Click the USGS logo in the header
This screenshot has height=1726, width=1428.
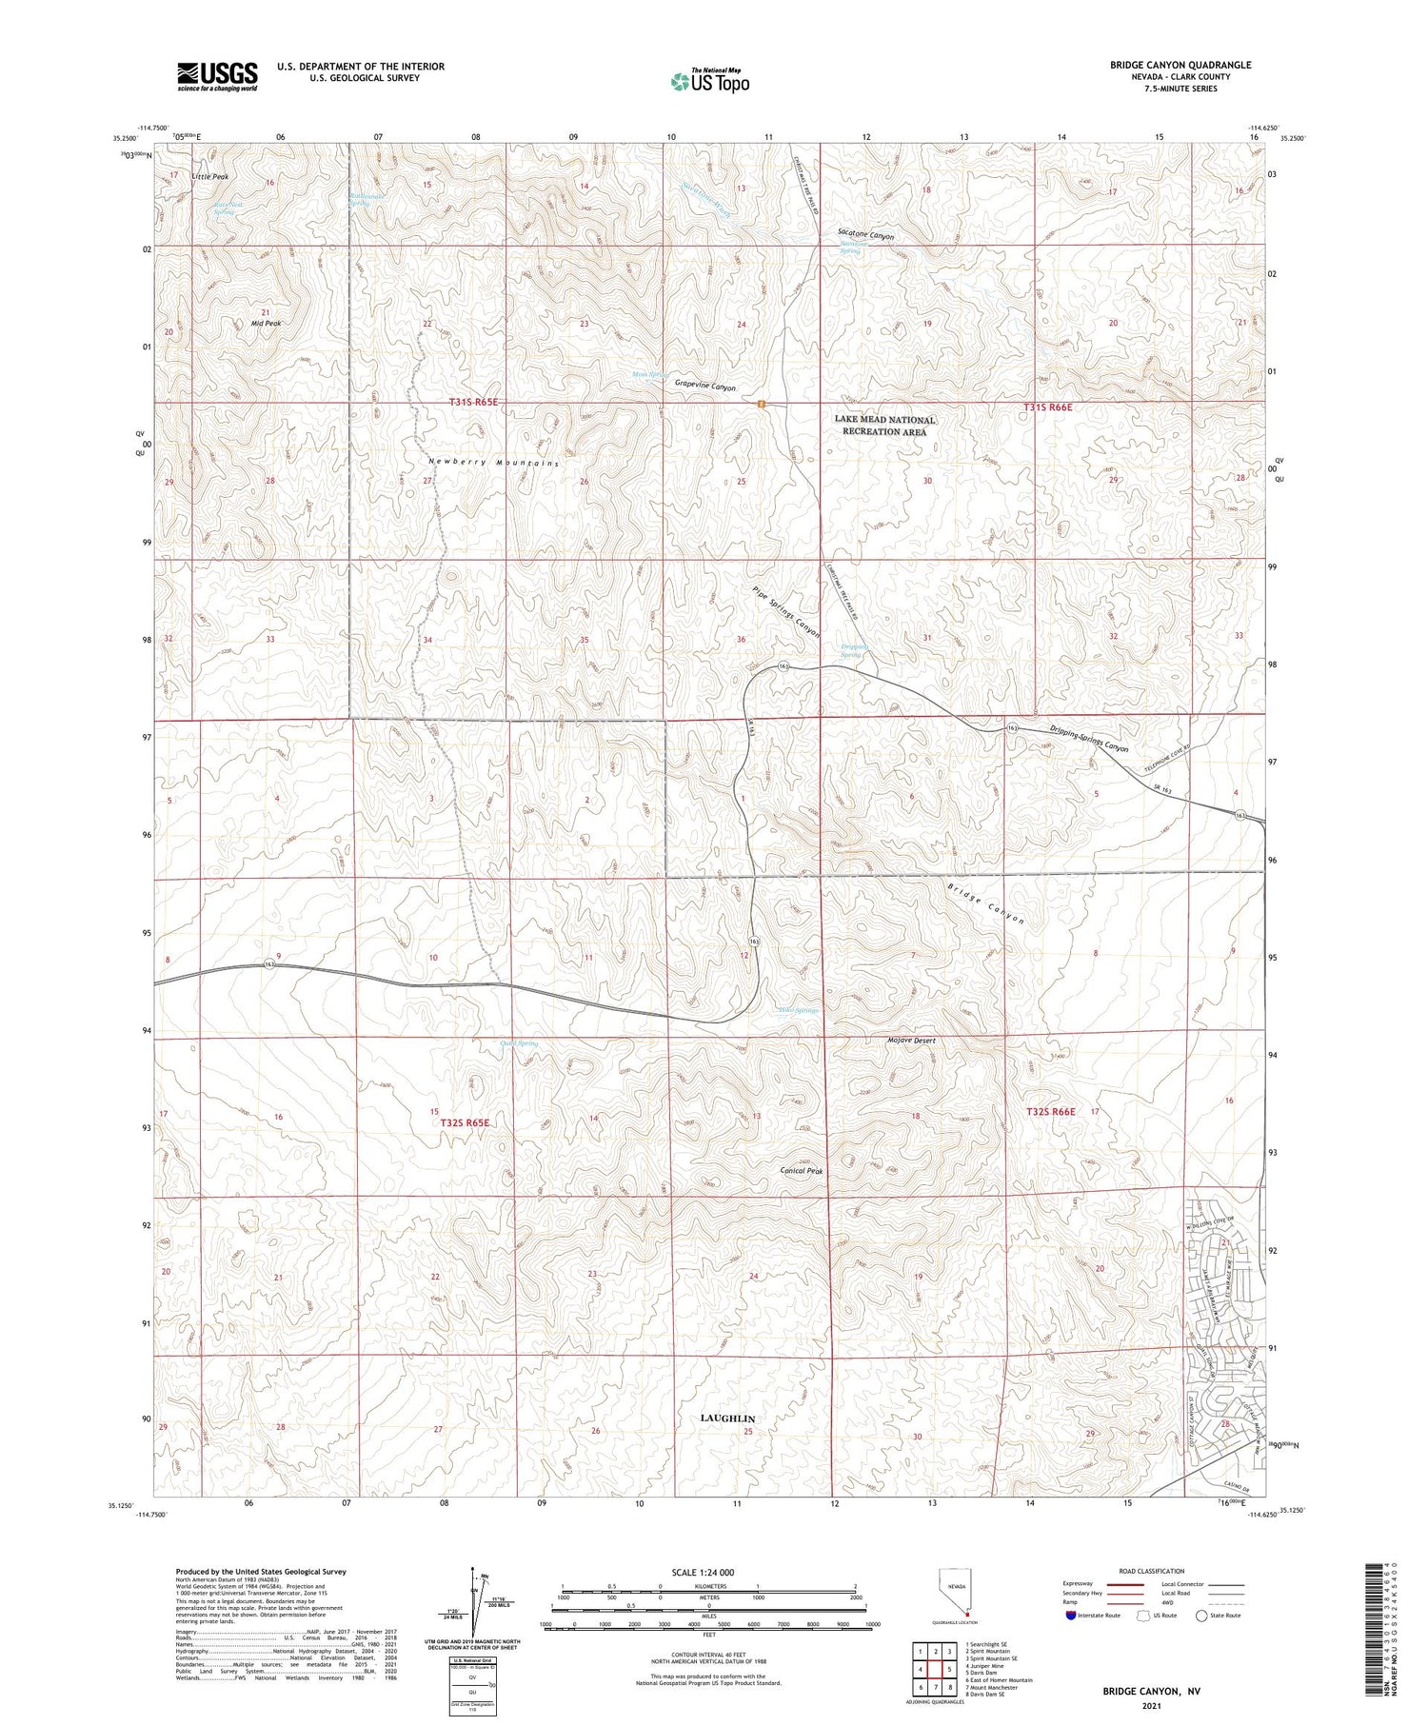pyautogui.click(x=217, y=76)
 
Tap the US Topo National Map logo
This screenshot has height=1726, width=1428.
pyautogui.click(x=709, y=81)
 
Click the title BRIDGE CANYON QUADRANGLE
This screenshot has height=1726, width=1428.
pyautogui.click(x=1180, y=65)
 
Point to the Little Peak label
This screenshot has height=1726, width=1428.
pyautogui.click(x=209, y=177)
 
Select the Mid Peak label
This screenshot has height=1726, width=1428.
pyautogui.click(x=266, y=324)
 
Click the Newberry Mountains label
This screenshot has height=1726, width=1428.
pyautogui.click(x=492, y=462)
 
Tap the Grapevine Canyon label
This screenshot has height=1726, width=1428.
pyautogui.click(x=705, y=387)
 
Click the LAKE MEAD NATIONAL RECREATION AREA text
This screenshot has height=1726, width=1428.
pyautogui.click(x=884, y=426)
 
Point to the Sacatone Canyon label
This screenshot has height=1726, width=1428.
pyautogui.click(x=865, y=234)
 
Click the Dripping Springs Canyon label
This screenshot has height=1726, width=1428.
pyautogui.click(x=1089, y=740)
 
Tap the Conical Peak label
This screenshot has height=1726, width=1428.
pyautogui.click(x=801, y=1171)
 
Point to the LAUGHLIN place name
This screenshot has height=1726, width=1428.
pyautogui.click(x=727, y=1418)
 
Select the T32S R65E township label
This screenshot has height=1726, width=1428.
pyautogui.click(x=465, y=1123)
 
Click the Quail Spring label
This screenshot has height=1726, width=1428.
pyautogui.click(x=518, y=1043)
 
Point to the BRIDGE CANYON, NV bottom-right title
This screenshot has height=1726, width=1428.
pyautogui.click(x=1151, y=1691)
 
